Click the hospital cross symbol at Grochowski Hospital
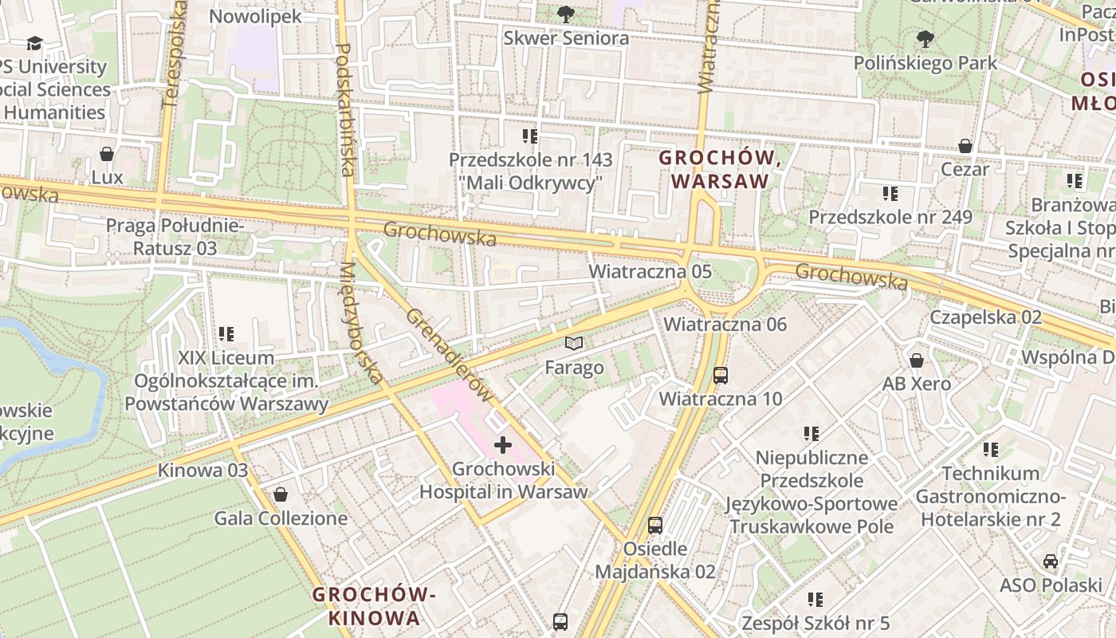tap(503, 444)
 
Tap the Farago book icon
tap(574, 344)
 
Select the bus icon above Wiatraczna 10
tap(721, 374)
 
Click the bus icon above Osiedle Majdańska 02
tap(655, 525)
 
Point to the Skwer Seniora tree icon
tap(566, 14)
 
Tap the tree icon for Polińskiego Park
tap(925, 38)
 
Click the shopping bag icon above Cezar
tap(965, 146)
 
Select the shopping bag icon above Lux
tap(107, 153)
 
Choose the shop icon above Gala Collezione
tap(281, 494)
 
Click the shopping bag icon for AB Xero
tap(917, 360)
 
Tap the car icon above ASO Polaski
tap(1051, 561)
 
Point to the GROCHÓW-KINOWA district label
tap(374, 606)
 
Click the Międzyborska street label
tap(361, 322)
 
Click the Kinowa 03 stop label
tap(202, 470)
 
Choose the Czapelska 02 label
tap(985, 317)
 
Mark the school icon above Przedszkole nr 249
tap(890, 193)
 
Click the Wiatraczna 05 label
tap(650, 271)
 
